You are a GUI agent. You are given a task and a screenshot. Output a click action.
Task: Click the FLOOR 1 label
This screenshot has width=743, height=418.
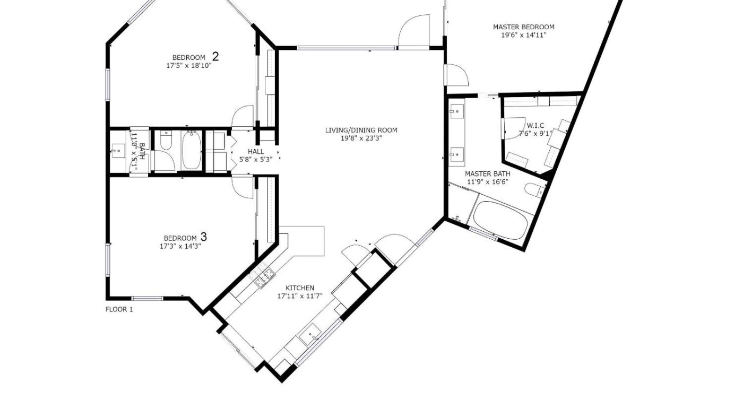[119, 310]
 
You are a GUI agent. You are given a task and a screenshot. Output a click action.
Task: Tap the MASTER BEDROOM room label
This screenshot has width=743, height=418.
[523, 27]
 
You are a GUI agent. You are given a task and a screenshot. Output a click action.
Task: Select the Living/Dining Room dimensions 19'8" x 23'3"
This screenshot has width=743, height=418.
[361, 138]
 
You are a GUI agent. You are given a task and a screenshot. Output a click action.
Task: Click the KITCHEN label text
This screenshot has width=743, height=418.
[300, 288]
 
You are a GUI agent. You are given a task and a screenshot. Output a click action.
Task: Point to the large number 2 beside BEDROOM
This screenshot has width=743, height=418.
[215, 57]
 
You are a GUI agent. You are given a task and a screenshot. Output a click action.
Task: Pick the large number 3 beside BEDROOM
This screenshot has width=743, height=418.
[204, 237]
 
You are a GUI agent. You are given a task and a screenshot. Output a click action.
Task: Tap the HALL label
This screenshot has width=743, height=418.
[256, 152]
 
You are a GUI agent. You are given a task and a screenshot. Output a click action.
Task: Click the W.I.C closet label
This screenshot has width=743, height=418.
[535, 126]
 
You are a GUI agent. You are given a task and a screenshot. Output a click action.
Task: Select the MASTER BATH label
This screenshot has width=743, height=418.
[488, 173]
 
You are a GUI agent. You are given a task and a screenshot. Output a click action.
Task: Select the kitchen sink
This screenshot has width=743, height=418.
[310, 335]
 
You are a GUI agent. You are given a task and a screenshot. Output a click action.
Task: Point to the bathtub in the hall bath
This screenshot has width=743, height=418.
[192, 150]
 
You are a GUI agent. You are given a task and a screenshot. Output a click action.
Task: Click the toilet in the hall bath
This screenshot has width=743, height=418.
[166, 140]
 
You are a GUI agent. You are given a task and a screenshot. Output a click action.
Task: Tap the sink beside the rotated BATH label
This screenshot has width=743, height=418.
[118, 151]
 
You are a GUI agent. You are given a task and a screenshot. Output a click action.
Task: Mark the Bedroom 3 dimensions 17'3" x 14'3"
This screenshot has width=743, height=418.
[180, 246]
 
